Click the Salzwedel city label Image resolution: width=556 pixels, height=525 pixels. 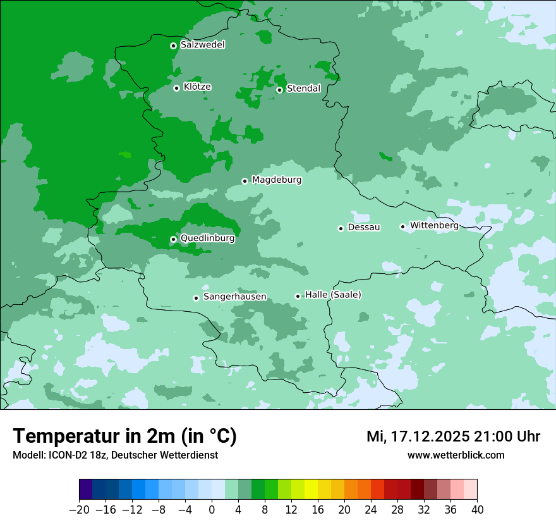click(202, 45)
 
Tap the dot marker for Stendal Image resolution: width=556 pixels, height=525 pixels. click(279, 90)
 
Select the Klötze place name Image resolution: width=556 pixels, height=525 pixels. click(197, 87)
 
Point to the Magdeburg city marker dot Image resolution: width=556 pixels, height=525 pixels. click(245, 181)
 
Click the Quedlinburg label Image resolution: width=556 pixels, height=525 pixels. click(207, 238)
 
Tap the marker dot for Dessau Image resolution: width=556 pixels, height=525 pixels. click(341, 228)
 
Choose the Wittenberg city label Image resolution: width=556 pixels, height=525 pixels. click(434, 225)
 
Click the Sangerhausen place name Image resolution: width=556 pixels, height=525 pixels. click(234, 297)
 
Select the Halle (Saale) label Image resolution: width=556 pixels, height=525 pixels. click(333, 295)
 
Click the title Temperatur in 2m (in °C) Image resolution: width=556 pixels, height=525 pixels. click(124, 436)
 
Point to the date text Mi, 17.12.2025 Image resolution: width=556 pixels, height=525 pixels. click(416, 436)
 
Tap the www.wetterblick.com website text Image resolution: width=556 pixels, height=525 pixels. click(456, 455)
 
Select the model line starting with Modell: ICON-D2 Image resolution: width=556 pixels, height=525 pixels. click(115, 455)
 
